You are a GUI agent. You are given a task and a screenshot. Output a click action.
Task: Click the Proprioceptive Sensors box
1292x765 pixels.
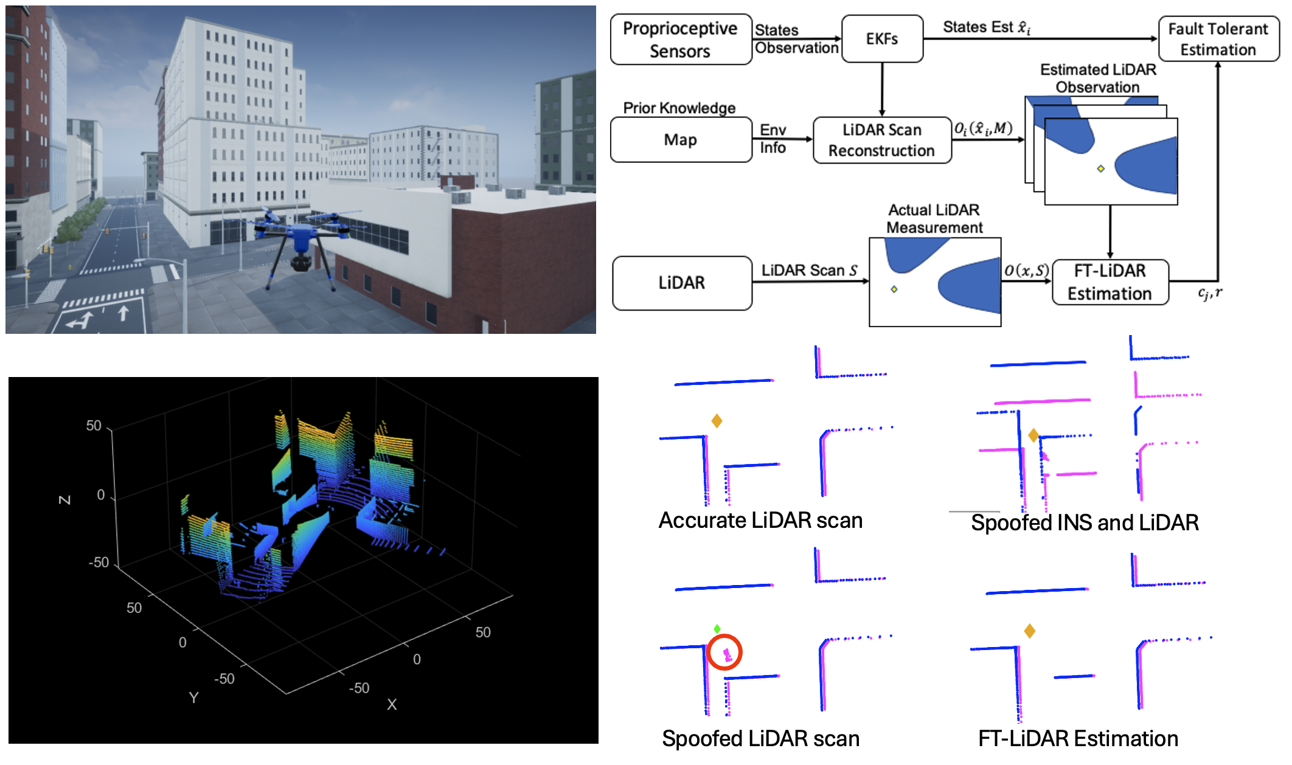pos(680,40)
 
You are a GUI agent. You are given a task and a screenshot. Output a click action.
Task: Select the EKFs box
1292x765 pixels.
pos(881,40)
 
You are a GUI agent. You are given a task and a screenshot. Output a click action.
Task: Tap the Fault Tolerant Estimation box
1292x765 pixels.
pos(1218,40)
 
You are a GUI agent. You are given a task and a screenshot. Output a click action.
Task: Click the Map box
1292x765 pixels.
pos(680,140)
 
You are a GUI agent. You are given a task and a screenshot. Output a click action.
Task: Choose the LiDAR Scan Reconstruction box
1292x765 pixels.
pos(881,140)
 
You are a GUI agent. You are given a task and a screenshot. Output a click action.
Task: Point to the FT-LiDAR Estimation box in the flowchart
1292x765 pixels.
pos(1110,282)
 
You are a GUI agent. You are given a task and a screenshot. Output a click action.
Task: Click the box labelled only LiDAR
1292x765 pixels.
pos(681,283)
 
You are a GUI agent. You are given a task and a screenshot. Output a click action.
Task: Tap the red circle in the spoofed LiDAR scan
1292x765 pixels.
pos(724,652)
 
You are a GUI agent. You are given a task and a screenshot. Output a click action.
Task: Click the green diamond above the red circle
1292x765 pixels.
pos(717,629)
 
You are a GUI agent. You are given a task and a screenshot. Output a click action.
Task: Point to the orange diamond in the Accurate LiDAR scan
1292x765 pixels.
pos(717,421)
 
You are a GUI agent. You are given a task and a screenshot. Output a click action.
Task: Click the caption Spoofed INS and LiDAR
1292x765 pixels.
pos(1085,523)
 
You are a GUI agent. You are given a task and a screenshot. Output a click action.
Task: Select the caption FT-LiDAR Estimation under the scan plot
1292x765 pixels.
pos(1078,739)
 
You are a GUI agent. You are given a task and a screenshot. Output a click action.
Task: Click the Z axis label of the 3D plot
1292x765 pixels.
pos(64,500)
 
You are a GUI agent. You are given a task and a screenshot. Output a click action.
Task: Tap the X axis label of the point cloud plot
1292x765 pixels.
pos(392,705)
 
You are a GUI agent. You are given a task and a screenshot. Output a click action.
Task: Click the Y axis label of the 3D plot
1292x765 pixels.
pos(193,697)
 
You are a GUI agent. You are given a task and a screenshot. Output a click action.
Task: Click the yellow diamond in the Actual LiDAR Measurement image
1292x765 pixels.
pos(894,289)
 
